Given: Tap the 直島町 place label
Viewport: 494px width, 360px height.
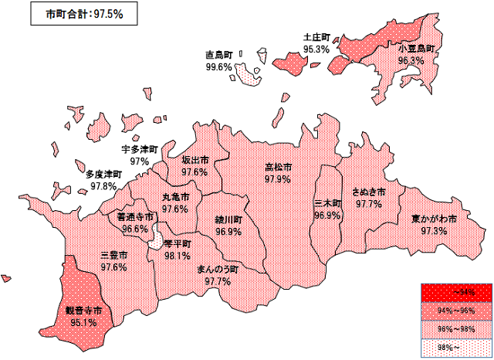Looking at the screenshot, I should click(x=219, y=56).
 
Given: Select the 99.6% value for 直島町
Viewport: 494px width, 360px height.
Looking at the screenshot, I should click(x=219, y=67).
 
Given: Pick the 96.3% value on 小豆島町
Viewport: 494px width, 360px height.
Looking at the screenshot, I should click(x=411, y=60).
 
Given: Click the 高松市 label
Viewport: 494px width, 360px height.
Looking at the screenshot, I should click(x=278, y=168).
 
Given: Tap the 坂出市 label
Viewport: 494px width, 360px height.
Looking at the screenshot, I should click(x=195, y=160).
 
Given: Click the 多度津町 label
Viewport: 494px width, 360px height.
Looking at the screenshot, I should click(x=103, y=175).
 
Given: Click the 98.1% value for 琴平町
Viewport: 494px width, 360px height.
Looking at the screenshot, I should click(x=178, y=256).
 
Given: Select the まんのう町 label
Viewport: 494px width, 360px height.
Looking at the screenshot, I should click(x=218, y=270).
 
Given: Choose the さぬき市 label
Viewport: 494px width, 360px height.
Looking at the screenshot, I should click(x=368, y=192).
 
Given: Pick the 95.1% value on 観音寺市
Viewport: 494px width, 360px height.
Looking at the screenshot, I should click(x=83, y=323).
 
